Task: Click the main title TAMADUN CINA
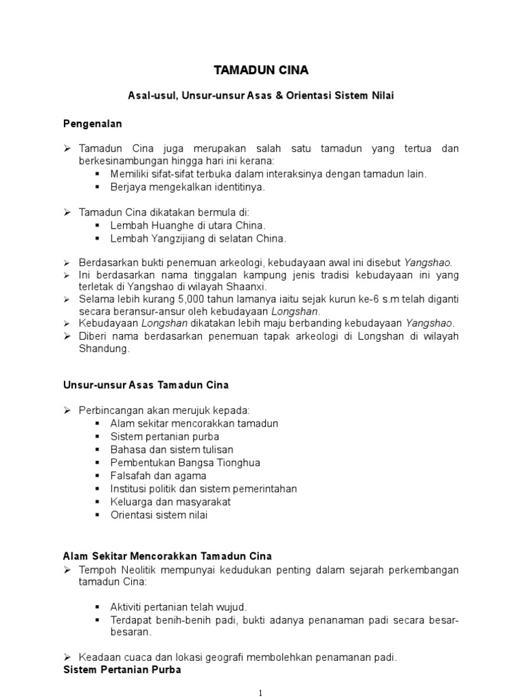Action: [x=260, y=70]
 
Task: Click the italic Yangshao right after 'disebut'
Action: [x=427, y=262]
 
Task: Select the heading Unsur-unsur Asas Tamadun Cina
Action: [x=145, y=385]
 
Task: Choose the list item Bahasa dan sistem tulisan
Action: [x=172, y=449]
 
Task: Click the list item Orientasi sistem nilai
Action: [x=159, y=515]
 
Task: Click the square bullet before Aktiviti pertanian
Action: [x=97, y=606]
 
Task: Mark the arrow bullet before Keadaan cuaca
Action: [x=68, y=658]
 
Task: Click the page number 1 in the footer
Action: [x=261, y=692]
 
